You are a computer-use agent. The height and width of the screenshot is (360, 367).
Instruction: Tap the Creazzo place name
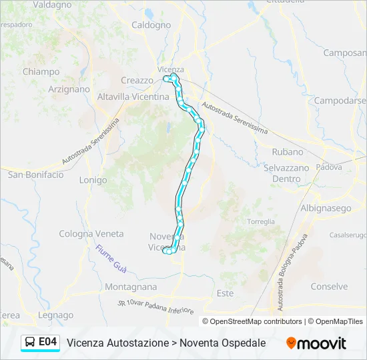pyautogui.click(x=137, y=81)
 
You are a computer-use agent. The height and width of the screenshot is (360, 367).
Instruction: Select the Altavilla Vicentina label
pyautogui.click(x=133, y=97)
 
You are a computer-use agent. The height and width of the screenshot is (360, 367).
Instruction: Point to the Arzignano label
pyautogui.click(x=69, y=89)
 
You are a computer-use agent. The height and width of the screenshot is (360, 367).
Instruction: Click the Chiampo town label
pyautogui.click(x=41, y=72)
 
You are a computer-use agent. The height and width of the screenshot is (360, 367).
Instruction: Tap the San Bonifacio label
pyautogui.click(x=36, y=175)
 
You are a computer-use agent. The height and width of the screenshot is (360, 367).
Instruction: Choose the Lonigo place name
pyautogui.click(x=93, y=180)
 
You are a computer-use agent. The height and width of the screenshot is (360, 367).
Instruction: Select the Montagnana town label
pyautogui.click(x=131, y=287)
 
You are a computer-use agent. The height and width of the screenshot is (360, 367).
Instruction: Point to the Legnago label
pyautogui.click(x=56, y=315)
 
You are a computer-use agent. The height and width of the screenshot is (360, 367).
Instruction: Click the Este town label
pyautogui.click(x=225, y=293)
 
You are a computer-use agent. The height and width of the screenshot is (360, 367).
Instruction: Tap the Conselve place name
pyautogui.click(x=329, y=287)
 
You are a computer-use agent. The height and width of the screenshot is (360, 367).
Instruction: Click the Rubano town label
pyautogui.click(x=287, y=152)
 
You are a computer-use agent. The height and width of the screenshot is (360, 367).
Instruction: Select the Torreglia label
pyautogui.click(x=260, y=221)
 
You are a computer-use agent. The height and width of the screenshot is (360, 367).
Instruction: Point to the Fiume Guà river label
pyautogui.click(x=111, y=258)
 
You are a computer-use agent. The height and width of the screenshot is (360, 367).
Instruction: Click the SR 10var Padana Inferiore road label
pyautogui.click(x=155, y=307)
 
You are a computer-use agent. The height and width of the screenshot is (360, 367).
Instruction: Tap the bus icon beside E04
pyautogui.click(x=31, y=343)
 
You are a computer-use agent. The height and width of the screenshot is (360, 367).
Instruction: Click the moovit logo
pyautogui.click(x=316, y=343)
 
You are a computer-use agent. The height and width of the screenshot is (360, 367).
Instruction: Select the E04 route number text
pyautogui.click(x=48, y=342)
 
